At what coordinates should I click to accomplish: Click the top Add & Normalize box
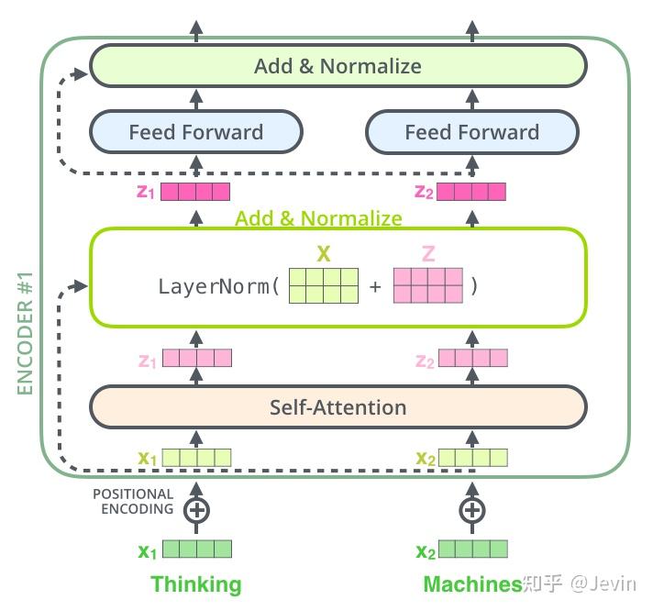pyautogui.click(x=338, y=66)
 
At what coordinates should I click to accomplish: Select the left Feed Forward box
pyautogui.click(x=195, y=132)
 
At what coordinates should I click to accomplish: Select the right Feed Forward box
pyautogui.click(x=471, y=132)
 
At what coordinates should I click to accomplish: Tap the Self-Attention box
pyautogui.click(x=338, y=407)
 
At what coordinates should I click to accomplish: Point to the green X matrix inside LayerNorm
pyautogui.click(x=323, y=285)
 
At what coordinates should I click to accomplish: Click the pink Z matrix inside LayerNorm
pyautogui.click(x=427, y=285)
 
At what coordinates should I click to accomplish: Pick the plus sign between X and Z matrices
pyautogui.click(x=375, y=286)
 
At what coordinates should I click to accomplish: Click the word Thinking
pyautogui.click(x=195, y=584)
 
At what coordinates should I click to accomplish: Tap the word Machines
pyautogui.click(x=471, y=584)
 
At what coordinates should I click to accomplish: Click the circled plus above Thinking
pyautogui.click(x=195, y=509)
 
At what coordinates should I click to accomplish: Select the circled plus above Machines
pyautogui.click(x=471, y=509)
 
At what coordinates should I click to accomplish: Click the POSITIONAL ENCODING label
pyautogui.click(x=133, y=502)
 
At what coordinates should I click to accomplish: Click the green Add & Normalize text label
pyautogui.click(x=318, y=218)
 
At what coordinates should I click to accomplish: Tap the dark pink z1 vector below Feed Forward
pyautogui.click(x=195, y=192)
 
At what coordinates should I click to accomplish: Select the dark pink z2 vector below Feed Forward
pyautogui.click(x=471, y=192)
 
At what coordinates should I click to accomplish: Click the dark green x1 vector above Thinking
pyautogui.click(x=195, y=550)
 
